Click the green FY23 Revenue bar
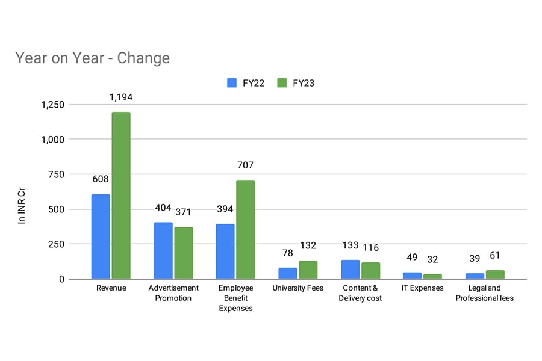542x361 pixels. pyautogui.click(x=121, y=196)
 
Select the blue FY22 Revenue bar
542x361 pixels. pyautogui.click(x=101, y=236)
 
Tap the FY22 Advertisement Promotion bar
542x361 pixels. pyautogui.click(x=163, y=250)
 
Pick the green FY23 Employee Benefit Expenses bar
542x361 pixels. pyautogui.click(x=246, y=229)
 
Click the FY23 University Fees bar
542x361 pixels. pyautogui.click(x=308, y=270)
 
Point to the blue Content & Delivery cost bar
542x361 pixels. pyautogui.click(x=350, y=270)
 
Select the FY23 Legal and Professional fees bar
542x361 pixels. pyautogui.click(x=495, y=274)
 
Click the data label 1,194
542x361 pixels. pyautogui.click(x=121, y=97)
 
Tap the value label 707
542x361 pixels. pyautogui.click(x=246, y=165)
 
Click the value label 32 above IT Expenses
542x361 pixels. pyautogui.click(x=432, y=260)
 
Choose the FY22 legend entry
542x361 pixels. pyautogui.click(x=245, y=83)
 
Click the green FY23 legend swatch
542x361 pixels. pyautogui.click(x=282, y=83)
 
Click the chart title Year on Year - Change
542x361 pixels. pyautogui.click(x=92, y=58)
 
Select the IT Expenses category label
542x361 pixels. pyautogui.click(x=422, y=288)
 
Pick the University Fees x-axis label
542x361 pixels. pyautogui.click(x=297, y=288)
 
